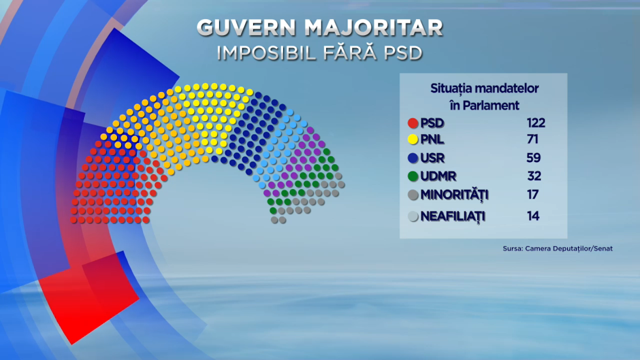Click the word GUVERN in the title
coord(246,28)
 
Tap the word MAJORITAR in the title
coord(374,28)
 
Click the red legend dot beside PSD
coord(413,123)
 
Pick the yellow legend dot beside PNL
coord(413,140)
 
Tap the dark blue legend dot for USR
coord(413,158)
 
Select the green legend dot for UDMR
coord(413,176)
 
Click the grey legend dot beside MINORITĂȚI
coord(413,195)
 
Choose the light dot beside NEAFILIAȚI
coord(413,216)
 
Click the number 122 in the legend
coord(536,123)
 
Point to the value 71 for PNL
coord(532,140)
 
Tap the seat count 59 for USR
coord(534,158)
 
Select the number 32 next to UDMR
coord(534,176)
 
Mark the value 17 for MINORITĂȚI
coord(532,195)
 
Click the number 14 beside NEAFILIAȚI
coord(533,216)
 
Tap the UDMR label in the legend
coord(438,176)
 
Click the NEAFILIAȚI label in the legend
coord(453,216)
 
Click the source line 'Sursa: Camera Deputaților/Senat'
coord(558,248)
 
